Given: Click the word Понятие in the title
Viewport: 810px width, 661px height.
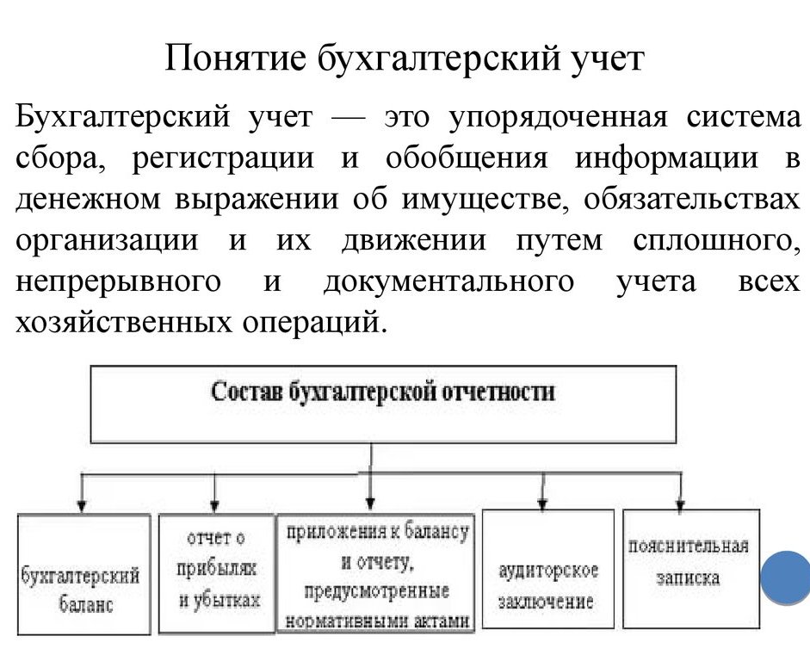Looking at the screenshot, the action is (x=236, y=58).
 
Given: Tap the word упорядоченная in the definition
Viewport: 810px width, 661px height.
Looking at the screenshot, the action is (x=558, y=118).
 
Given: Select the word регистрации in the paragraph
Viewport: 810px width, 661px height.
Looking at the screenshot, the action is (x=223, y=159).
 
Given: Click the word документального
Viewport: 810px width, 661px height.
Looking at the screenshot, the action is (x=448, y=282).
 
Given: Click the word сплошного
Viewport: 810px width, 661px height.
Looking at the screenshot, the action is (x=714, y=241).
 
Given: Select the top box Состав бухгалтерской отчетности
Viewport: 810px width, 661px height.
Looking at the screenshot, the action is (x=383, y=405).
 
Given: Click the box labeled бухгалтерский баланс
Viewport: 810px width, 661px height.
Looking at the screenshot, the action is (x=83, y=574).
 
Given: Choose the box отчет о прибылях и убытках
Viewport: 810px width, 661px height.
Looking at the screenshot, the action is (x=216, y=573).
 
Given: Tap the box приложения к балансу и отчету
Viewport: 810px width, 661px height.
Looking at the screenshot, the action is (x=376, y=572).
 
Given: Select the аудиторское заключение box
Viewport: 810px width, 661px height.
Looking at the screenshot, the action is (x=548, y=569).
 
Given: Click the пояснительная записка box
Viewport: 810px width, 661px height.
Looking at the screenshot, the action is (x=691, y=569).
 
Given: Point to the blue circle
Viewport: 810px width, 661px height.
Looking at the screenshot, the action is (x=786, y=578).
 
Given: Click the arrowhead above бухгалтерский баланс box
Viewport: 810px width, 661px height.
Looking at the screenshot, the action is (x=81, y=505).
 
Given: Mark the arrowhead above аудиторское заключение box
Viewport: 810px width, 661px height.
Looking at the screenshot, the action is (x=542, y=503).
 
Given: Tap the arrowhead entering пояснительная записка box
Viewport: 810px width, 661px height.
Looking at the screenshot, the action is (x=681, y=503).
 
